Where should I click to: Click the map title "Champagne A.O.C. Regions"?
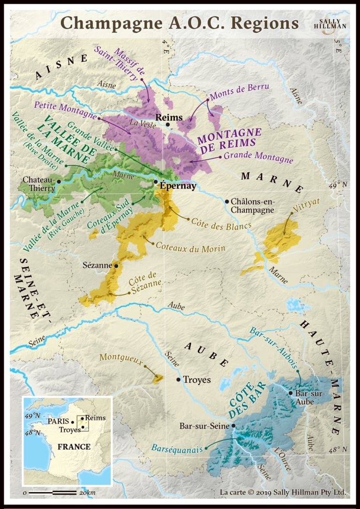tap(180, 23)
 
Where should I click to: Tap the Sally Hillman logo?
tap(330, 23)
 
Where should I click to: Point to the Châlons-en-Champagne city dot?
tap(227, 201)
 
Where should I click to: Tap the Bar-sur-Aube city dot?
tap(291, 393)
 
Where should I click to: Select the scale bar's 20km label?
tap(88, 493)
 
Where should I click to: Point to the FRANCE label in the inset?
tap(74, 447)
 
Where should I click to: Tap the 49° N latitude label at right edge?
tap(338, 185)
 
